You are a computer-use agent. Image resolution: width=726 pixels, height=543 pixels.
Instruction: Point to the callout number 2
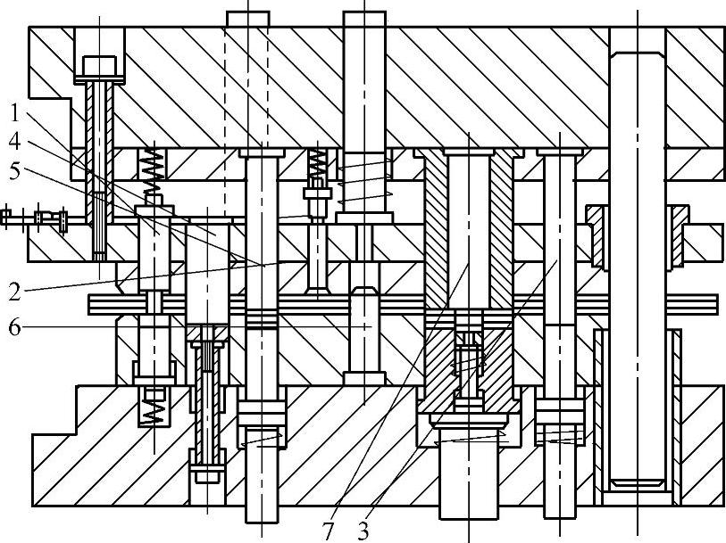point(15,289)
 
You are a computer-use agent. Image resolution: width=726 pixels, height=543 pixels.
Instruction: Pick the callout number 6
point(15,327)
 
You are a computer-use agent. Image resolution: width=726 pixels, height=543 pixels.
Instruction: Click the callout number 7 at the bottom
point(329,531)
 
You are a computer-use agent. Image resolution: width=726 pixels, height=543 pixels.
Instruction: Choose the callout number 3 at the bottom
point(363,531)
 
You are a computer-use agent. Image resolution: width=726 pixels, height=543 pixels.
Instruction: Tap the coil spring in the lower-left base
point(154,407)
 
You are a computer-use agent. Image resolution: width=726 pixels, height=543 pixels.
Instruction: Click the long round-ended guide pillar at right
point(638,267)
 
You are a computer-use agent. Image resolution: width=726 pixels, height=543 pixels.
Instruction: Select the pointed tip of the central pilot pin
point(364,292)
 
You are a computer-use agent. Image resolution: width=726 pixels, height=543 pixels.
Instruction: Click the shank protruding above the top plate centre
point(364,18)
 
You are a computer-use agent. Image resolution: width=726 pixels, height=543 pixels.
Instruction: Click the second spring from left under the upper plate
point(316,164)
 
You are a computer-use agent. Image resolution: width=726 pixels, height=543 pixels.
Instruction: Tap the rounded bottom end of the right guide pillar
point(638,482)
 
